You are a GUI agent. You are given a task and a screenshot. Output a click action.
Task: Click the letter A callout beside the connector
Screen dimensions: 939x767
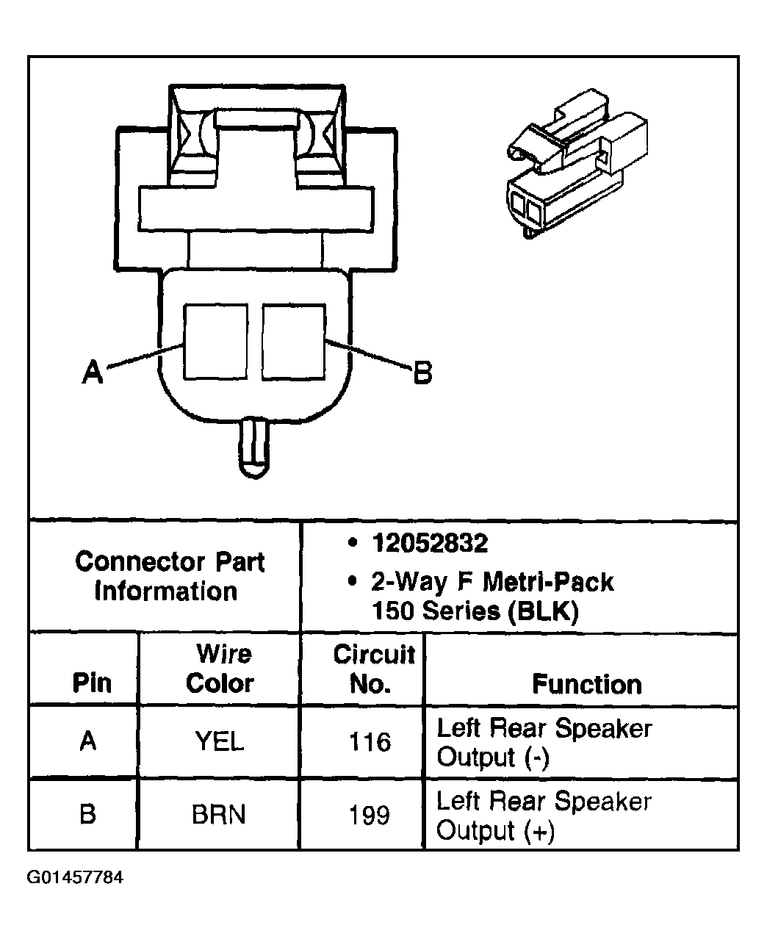[x=92, y=373]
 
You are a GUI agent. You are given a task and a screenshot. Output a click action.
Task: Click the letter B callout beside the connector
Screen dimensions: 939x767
[x=422, y=373]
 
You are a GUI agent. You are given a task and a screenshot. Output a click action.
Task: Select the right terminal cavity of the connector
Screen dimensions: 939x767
[x=292, y=342]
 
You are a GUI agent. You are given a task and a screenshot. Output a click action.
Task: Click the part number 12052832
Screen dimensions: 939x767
[x=430, y=544]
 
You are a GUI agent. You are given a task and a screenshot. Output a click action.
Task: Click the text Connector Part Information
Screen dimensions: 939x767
[x=168, y=577]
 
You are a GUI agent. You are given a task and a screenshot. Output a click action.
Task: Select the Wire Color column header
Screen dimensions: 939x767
[x=220, y=669]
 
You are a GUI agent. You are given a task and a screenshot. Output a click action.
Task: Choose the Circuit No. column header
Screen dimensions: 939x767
[x=372, y=669]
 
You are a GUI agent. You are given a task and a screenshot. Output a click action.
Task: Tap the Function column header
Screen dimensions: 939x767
[x=586, y=684]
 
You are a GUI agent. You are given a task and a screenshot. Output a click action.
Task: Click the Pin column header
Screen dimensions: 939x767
[x=92, y=684]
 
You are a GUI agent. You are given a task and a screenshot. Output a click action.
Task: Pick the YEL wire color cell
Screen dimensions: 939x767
[x=219, y=741]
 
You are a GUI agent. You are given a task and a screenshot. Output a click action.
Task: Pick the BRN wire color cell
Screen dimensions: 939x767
[x=219, y=815]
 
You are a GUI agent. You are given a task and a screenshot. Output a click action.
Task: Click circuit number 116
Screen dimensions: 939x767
[x=370, y=741]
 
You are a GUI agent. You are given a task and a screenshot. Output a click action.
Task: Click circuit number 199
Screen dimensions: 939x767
[x=369, y=816]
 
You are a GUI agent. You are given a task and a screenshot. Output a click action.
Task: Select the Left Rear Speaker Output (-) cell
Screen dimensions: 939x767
[x=544, y=742]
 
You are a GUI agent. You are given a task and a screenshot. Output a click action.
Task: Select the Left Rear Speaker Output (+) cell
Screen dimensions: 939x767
[x=544, y=816]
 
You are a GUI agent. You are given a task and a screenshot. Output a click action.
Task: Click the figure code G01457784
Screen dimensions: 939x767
[x=75, y=877]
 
